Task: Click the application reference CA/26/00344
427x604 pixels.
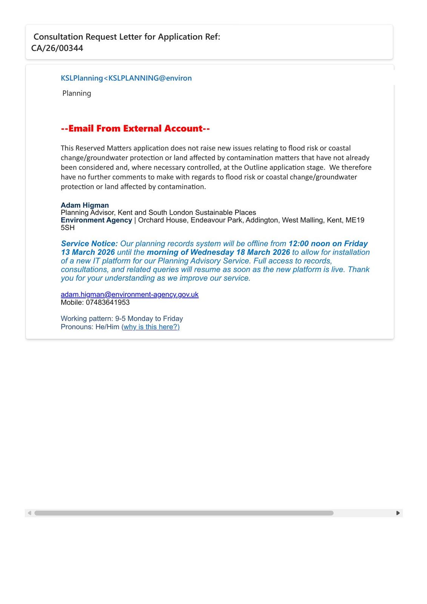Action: [x=57, y=48]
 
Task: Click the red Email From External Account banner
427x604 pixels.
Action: [x=135, y=129]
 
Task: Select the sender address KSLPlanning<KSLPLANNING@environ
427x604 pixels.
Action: [x=126, y=78]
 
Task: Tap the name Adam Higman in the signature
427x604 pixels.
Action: [x=85, y=205]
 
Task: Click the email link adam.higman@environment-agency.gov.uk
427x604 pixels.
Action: [x=129, y=294]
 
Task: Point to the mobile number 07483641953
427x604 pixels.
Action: [x=108, y=302]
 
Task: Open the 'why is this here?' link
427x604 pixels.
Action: [x=151, y=327]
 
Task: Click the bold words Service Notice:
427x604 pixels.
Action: [x=89, y=244]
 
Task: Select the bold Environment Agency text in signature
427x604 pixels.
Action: [x=96, y=220]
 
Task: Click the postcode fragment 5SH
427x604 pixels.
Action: [x=68, y=228]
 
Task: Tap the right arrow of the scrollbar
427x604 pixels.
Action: [x=398, y=513]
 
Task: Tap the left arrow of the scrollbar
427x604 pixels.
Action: [x=29, y=513]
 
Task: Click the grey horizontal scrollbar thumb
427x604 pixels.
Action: [x=184, y=513]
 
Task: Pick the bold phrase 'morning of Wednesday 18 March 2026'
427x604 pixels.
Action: [x=218, y=252]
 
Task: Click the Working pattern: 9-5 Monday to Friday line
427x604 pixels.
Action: [x=122, y=319]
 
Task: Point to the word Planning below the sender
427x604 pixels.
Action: [x=77, y=93]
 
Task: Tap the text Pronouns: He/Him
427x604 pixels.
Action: [x=90, y=327]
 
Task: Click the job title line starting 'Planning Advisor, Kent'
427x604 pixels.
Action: [x=158, y=213]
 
